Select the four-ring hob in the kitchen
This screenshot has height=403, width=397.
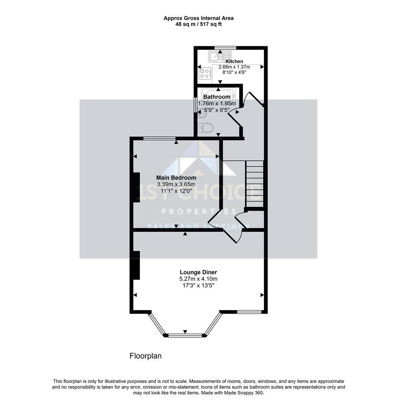coord(204,74)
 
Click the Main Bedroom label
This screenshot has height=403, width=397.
coord(176,178)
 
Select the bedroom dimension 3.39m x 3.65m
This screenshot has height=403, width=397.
coord(176,184)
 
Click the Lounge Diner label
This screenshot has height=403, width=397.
coord(198,272)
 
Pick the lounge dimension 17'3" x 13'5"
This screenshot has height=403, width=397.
coord(198,285)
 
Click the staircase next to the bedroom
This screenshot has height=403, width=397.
coord(254,184)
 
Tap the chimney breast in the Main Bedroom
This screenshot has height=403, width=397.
coord(137,187)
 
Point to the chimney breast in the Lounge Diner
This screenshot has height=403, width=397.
coord(137,265)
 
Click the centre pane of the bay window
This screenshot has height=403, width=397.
coord(185,335)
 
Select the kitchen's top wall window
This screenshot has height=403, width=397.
coord(225,47)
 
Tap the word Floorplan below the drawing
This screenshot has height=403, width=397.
coord(146,356)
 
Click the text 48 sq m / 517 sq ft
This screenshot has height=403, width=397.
coord(198,24)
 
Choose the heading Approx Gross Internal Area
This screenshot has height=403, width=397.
coord(198,18)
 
